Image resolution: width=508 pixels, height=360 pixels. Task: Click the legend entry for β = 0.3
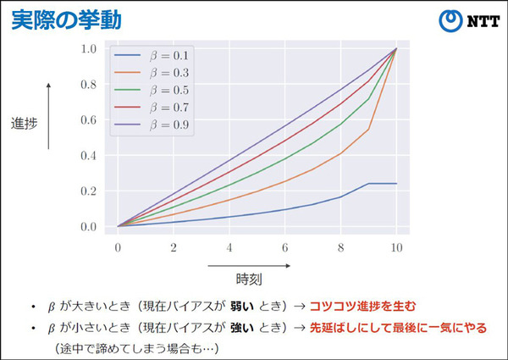click(153, 72)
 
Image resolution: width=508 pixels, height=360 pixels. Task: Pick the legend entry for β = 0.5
click(153, 90)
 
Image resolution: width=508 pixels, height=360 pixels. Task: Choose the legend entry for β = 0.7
click(153, 108)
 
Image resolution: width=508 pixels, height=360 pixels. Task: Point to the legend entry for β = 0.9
click(153, 125)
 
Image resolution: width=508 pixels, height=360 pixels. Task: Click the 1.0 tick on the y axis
click(90, 49)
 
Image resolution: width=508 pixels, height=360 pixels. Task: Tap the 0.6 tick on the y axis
click(90, 120)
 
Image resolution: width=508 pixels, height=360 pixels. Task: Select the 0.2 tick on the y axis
click(90, 191)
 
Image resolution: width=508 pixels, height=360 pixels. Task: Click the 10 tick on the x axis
click(396, 246)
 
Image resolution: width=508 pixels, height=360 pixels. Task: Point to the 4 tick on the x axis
click(229, 246)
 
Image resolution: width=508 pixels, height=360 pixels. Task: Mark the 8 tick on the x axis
click(340, 246)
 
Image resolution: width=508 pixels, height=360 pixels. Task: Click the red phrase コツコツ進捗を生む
click(363, 305)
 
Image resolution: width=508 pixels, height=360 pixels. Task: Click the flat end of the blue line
click(383, 184)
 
